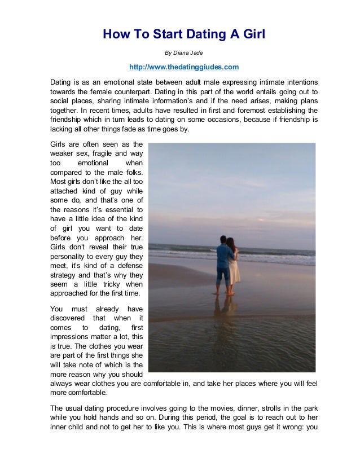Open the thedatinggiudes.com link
(x=184, y=67)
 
